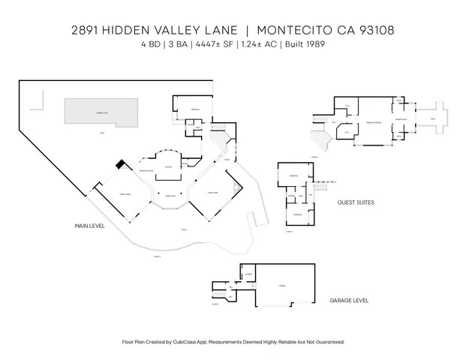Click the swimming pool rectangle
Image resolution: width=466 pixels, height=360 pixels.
click(x=101, y=112)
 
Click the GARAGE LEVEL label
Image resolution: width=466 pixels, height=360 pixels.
click(x=349, y=300)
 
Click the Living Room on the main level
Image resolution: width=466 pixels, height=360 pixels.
click(x=213, y=191)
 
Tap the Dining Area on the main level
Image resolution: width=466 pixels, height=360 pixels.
click(x=170, y=196)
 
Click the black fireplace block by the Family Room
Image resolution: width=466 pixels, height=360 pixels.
click(x=119, y=165)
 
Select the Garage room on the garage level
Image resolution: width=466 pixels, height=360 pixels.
click(x=281, y=286)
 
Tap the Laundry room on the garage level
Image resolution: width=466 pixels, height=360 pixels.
click(x=247, y=274)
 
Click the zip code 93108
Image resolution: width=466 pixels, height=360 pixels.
click(x=374, y=31)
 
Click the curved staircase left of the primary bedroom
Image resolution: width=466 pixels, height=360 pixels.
click(x=320, y=140)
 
